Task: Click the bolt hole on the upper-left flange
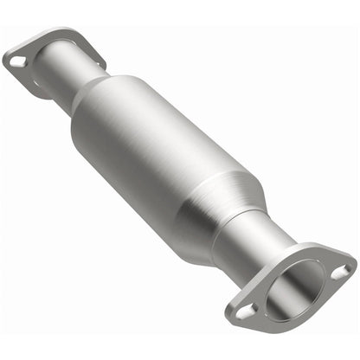(x=17, y=61)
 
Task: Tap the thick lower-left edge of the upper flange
(x=26, y=82)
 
